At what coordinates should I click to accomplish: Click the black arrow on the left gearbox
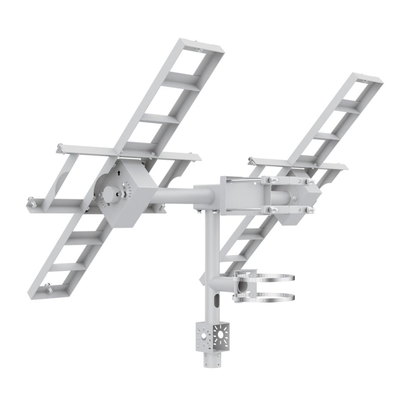click(119, 173)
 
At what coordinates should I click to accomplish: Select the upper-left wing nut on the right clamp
click(272, 180)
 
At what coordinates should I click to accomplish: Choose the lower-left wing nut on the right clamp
click(272, 210)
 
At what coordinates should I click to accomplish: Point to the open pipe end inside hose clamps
click(243, 286)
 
